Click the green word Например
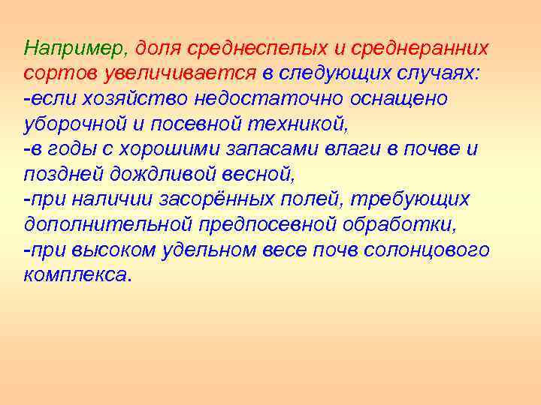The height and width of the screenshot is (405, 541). (x=76, y=49)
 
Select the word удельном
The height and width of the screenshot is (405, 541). (x=210, y=250)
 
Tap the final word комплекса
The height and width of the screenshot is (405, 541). (x=75, y=275)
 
